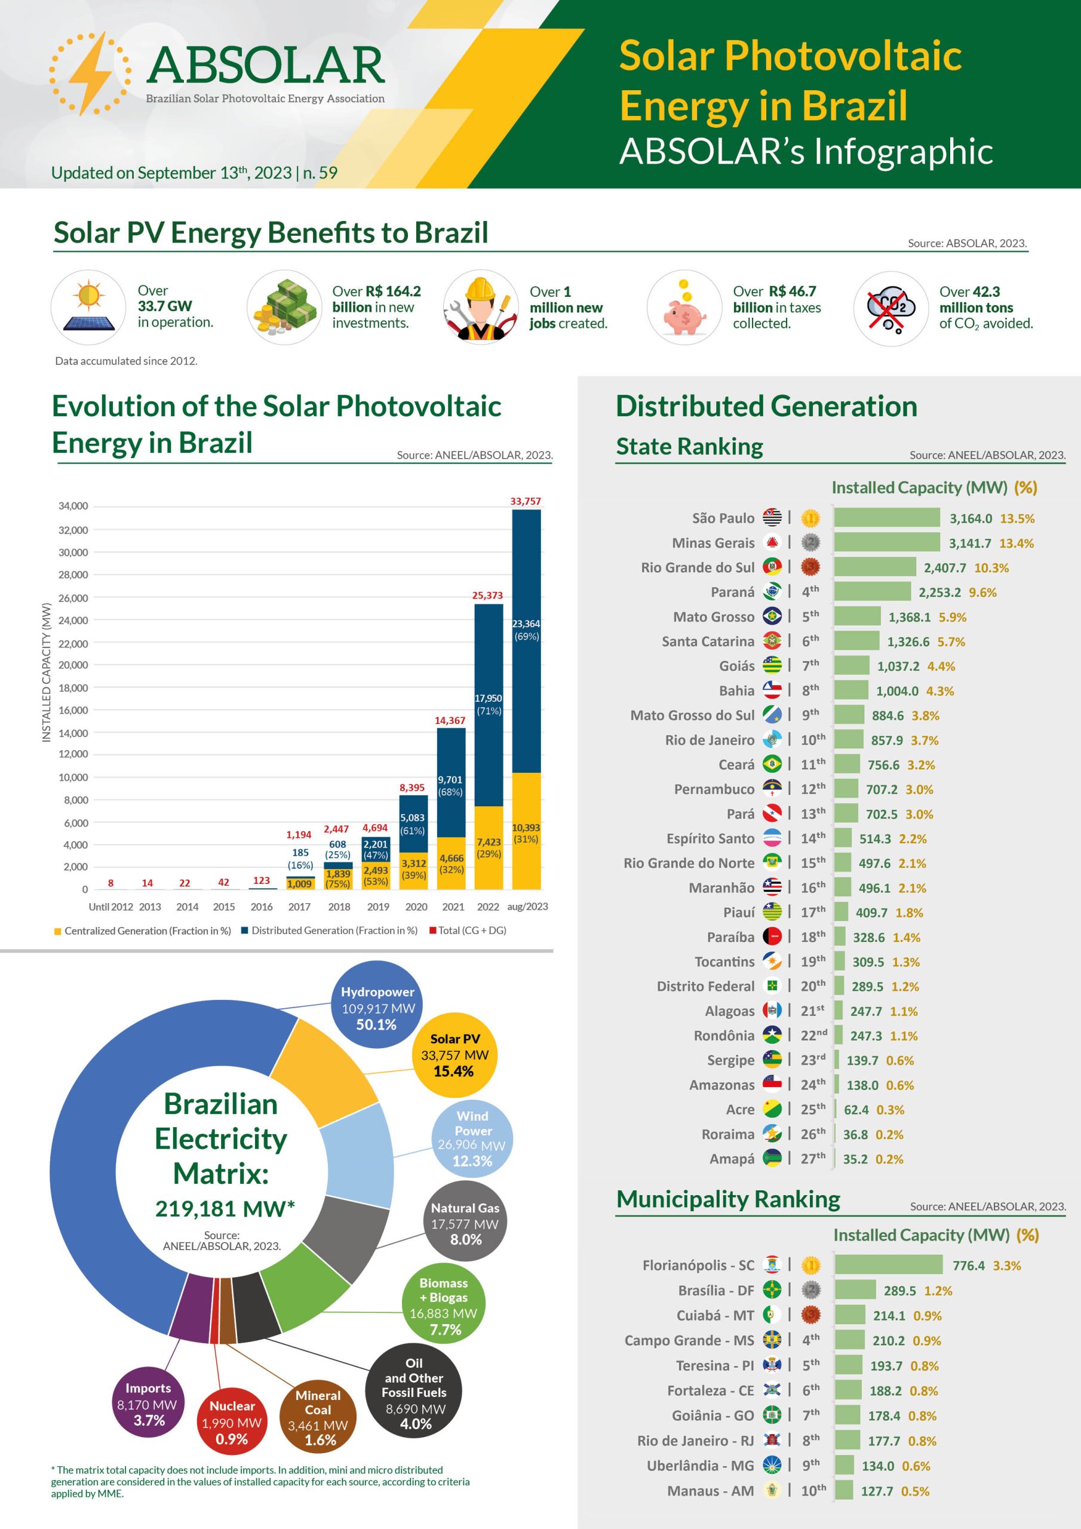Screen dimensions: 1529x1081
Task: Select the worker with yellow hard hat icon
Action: coord(480,308)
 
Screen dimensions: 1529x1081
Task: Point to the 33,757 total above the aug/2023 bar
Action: coord(526,501)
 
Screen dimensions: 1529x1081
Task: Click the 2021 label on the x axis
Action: coord(453,906)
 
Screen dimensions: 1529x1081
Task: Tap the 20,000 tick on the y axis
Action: coord(73,665)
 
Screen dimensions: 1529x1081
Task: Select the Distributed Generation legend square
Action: coord(245,931)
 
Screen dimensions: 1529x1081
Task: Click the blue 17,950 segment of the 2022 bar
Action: coord(488,705)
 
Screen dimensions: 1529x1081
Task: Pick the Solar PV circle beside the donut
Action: coord(454,1055)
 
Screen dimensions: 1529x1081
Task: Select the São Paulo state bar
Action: coord(886,517)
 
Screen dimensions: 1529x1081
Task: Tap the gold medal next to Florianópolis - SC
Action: coord(810,1264)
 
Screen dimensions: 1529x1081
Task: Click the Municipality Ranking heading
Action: coord(728,1199)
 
